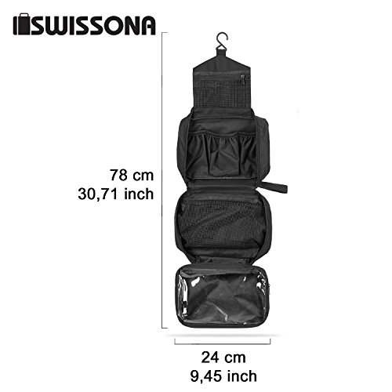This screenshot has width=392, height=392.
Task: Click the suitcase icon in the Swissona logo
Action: [x=22, y=24]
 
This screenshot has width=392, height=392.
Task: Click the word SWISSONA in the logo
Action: [x=93, y=26]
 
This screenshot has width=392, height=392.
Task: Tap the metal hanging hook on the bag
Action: [x=222, y=41]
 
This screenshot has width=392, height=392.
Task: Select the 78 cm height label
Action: [x=132, y=175]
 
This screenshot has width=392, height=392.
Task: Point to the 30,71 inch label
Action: [x=116, y=194]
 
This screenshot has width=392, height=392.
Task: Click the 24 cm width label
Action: [x=223, y=358]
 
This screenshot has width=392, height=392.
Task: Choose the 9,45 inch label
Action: [x=223, y=376]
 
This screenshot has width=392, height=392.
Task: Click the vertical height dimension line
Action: [x=162, y=180]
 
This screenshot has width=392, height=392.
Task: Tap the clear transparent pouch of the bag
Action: [x=223, y=296]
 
